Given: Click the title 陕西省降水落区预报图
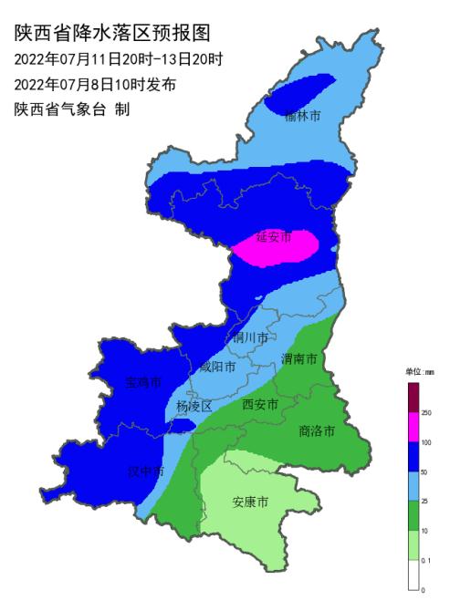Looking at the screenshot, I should [113, 35].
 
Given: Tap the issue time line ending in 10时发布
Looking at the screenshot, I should [95, 85].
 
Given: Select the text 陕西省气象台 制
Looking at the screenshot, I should [72, 109].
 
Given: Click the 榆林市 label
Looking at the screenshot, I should [302, 117].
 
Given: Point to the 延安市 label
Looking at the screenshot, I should [273, 237].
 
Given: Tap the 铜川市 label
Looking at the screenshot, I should [250, 337].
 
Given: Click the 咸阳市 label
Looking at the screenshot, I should [217, 367].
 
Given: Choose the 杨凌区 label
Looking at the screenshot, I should [194, 407].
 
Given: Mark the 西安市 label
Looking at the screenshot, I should [260, 403].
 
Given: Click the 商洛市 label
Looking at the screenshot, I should [317, 430].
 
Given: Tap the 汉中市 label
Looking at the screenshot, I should [146, 472].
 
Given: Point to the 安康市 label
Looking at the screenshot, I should [250, 502].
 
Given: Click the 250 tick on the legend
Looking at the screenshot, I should [425, 413].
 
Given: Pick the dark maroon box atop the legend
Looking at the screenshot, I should [413, 398].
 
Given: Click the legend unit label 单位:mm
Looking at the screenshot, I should [419, 372].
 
